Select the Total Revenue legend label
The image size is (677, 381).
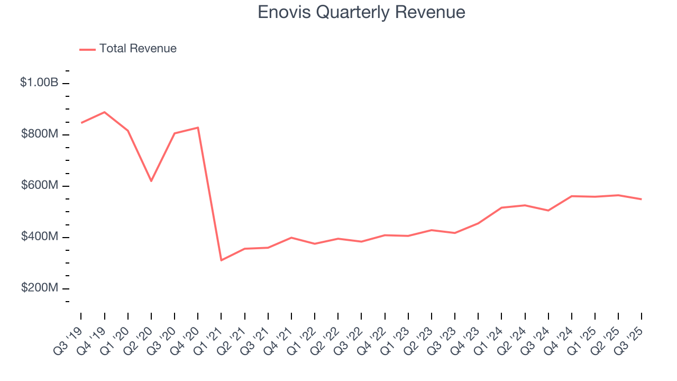tap(138, 49)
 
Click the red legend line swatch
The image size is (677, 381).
tap(87, 49)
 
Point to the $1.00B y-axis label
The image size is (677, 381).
tap(40, 83)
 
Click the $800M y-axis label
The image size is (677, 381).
tap(40, 134)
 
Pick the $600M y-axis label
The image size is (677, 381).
tap(40, 186)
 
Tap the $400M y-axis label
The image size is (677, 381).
tap(40, 237)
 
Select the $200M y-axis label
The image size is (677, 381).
tap(40, 288)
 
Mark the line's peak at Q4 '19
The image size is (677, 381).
tap(104, 112)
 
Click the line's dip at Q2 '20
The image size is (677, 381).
tap(151, 181)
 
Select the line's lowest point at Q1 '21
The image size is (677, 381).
tap(221, 260)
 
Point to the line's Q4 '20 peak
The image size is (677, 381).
tap(198, 128)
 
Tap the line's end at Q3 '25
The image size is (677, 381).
tap(642, 199)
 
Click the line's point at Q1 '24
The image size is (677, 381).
tap(501, 207)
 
